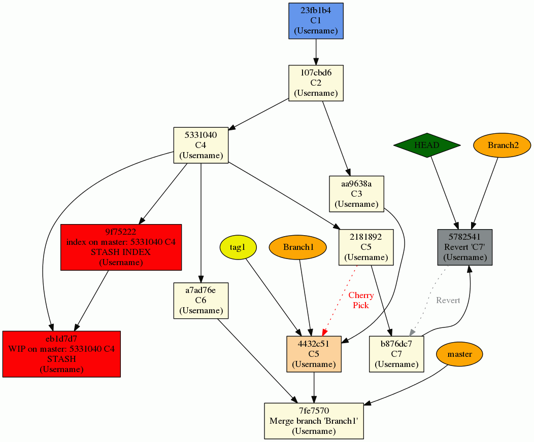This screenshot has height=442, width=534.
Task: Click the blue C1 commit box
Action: pyautogui.click(x=316, y=21)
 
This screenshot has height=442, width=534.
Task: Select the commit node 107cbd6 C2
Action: pyautogui.click(x=316, y=83)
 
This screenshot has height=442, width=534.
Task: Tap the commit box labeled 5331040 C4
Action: pyautogui.click(x=201, y=145)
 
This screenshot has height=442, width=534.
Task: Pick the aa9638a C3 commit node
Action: pyautogui.click(x=356, y=194)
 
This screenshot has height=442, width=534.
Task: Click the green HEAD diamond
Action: pyautogui.click(x=426, y=145)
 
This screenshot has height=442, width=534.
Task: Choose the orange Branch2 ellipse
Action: pyautogui.click(x=503, y=145)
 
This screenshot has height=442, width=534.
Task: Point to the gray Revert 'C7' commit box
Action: pyautogui.click(x=465, y=247)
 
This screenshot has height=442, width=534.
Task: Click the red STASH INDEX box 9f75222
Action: pyautogui.click(x=121, y=247)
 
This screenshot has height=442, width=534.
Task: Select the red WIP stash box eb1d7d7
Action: pyautogui.click(x=61, y=354)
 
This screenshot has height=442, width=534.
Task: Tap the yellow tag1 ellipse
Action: pyautogui.click(x=238, y=247)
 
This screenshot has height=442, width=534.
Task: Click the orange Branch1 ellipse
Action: pyautogui.click(x=298, y=247)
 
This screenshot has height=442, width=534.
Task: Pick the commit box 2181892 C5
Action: pyautogui.click(x=366, y=247)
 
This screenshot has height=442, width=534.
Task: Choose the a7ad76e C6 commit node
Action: pyautogui.click(x=201, y=301)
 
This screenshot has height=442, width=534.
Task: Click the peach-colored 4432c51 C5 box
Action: pyautogui.click(x=314, y=354)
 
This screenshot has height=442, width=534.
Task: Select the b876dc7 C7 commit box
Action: pyautogui.click(x=396, y=354)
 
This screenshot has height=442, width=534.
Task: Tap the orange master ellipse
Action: pyautogui.click(x=459, y=354)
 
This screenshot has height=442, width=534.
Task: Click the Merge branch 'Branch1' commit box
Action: pyautogui.click(x=314, y=421)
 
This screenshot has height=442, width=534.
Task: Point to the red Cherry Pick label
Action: pyautogui.click(x=361, y=300)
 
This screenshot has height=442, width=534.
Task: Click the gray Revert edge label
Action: pyautogui.click(x=448, y=301)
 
